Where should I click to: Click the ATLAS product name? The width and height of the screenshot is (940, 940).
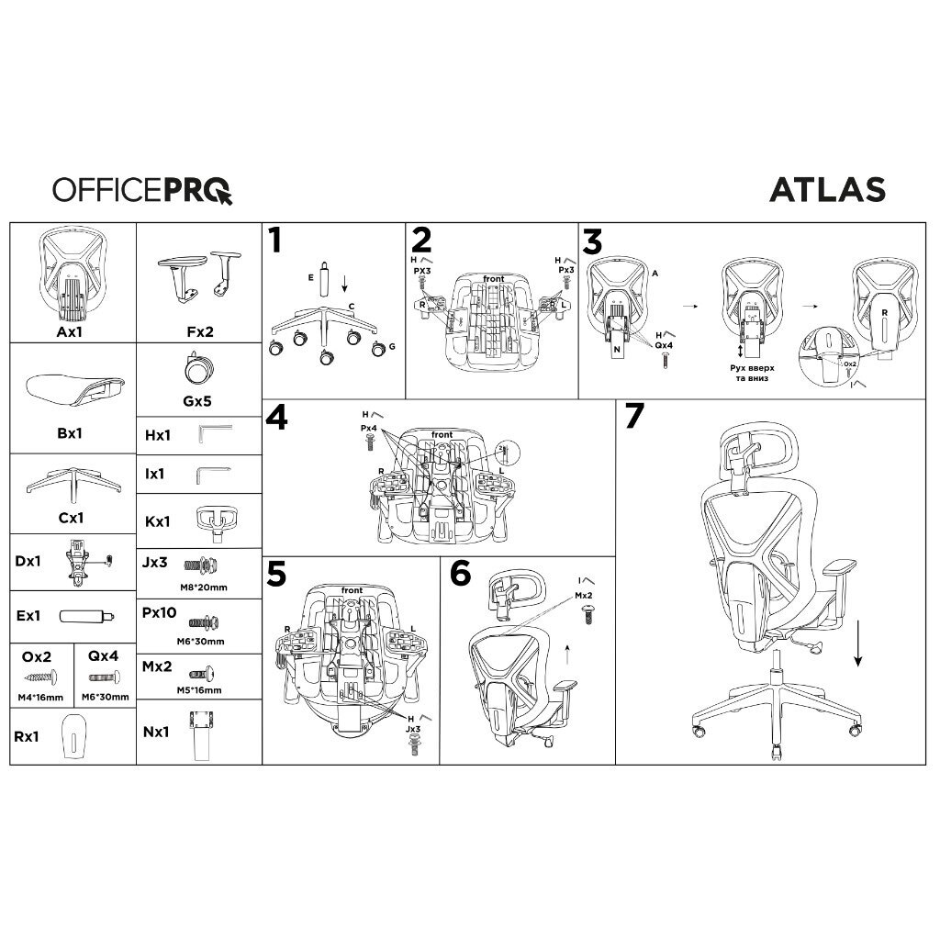(826, 189)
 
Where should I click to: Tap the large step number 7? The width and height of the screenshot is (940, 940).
(634, 417)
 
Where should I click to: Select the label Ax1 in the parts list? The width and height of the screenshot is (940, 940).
(70, 331)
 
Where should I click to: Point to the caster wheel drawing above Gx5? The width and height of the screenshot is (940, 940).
(198, 370)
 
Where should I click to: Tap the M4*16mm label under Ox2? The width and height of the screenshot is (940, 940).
(40, 698)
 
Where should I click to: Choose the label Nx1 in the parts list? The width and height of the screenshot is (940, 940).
(156, 732)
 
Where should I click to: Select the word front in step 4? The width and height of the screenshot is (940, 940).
(442, 434)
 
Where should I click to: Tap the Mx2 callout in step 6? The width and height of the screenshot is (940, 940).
(584, 596)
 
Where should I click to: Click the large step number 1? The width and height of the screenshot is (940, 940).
(275, 241)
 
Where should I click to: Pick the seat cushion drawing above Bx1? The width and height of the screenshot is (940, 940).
(70, 389)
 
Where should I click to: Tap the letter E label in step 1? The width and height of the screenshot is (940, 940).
(310, 275)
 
